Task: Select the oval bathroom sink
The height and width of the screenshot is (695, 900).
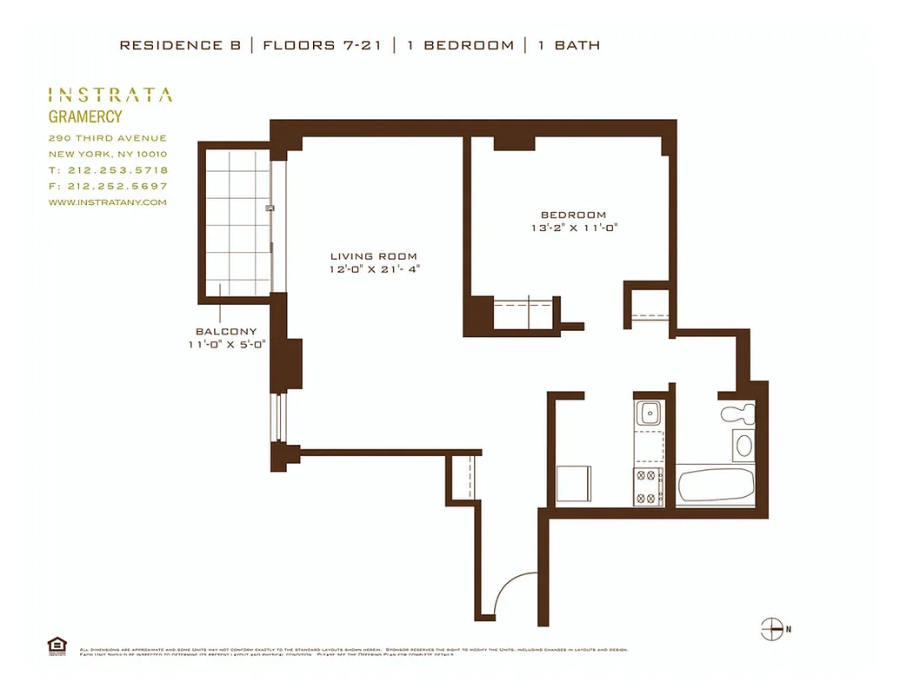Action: [744, 447]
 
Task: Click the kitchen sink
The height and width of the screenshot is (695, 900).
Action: [648, 414]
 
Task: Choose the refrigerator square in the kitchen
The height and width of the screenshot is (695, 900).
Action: [574, 483]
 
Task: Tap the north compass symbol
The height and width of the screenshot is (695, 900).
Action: [772, 628]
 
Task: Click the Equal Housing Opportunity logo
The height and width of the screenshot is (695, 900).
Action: [57, 645]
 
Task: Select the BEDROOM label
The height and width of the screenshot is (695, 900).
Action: [573, 215]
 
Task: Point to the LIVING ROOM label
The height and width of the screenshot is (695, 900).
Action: [373, 256]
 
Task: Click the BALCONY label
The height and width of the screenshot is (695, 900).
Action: [226, 331]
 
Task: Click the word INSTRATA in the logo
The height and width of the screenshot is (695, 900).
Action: [110, 95]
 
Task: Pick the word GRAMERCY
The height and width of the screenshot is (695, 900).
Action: [84, 116]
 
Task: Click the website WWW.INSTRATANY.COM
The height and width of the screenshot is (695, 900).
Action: [107, 202]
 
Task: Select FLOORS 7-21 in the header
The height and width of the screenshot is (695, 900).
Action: [322, 45]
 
